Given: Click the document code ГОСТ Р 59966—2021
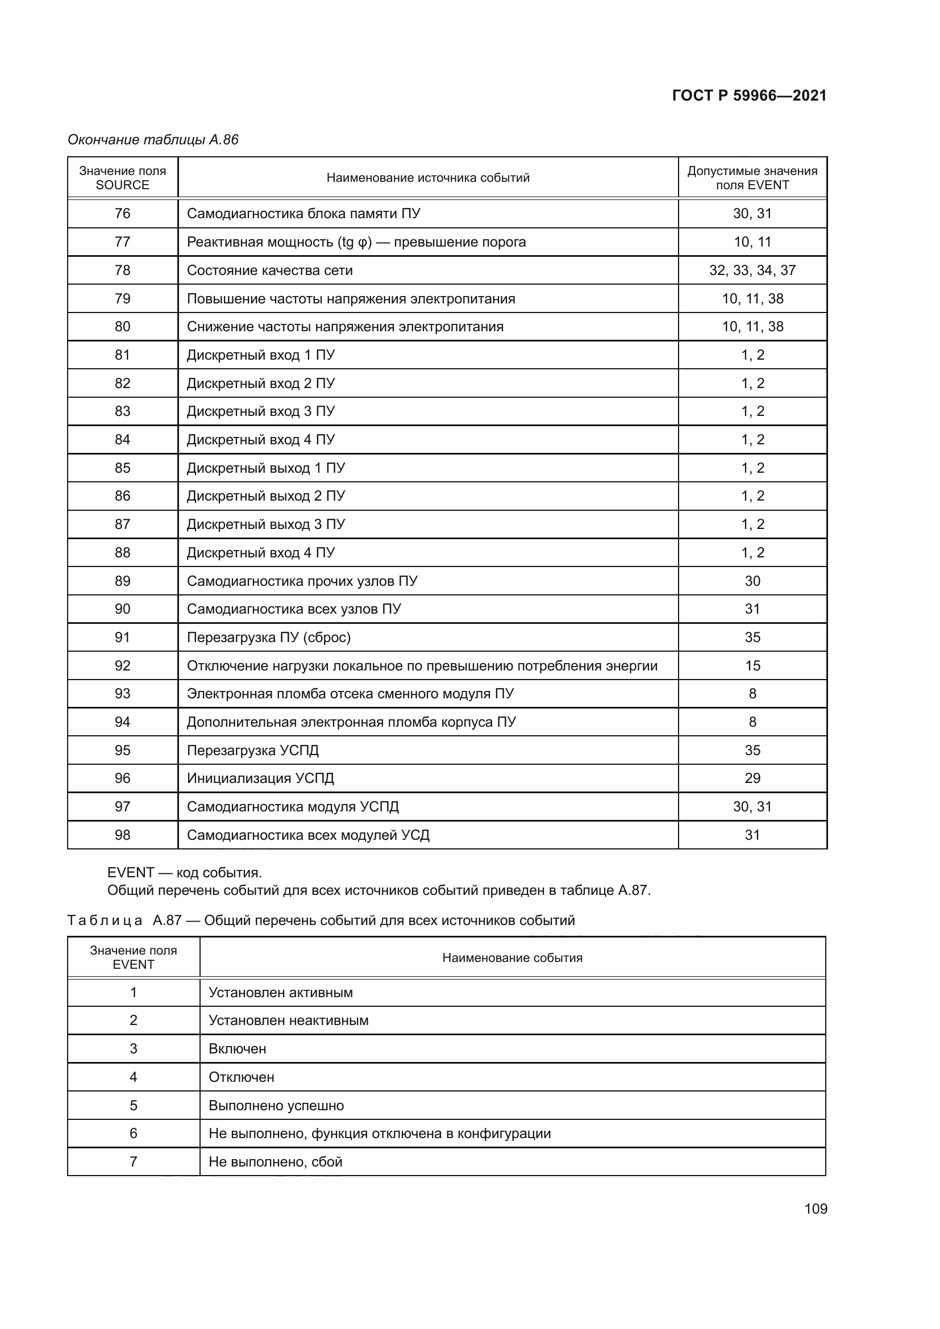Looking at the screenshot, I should pyautogui.click(x=749, y=95).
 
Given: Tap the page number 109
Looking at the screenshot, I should pyautogui.click(x=816, y=1209).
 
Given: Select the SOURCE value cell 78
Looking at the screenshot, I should pyautogui.click(x=122, y=270).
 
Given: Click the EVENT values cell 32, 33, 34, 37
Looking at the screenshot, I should pyautogui.click(x=752, y=270).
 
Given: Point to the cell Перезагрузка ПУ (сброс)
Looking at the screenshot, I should pyautogui.click(x=269, y=638).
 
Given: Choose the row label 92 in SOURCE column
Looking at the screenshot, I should pyautogui.click(x=122, y=666).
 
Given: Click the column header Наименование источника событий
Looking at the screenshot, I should pyautogui.click(x=428, y=178).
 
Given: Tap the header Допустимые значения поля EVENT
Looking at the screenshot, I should pyautogui.click(x=752, y=178).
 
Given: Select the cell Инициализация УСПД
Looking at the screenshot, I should pyautogui.click(x=260, y=778).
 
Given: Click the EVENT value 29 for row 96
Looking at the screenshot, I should pyautogui.click(x=752, y=778).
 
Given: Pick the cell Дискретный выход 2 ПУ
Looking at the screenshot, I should pyautogui.click(x=265, y=496).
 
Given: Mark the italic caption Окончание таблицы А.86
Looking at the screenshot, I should pyautogui.click(x=153, y=140).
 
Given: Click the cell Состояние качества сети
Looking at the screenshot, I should pyautogui.click(x=269, y=270).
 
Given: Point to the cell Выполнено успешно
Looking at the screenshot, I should pyautogui.click(x=276, y=1106).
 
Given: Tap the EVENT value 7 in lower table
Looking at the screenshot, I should pyautogui.click(x=133, y=1162).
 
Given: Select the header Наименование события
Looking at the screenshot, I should pyautogui.click(x=512, y=958).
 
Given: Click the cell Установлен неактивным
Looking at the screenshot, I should pyautogui.click(x=288, y=1020).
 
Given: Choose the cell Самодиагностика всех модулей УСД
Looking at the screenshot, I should pyautogui.click(x=308, y=835).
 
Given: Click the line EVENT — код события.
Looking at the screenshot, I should pyautogui.click(x=185, y=872).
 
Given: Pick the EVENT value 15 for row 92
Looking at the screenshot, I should pyautogui.click(x=752, y=666).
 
